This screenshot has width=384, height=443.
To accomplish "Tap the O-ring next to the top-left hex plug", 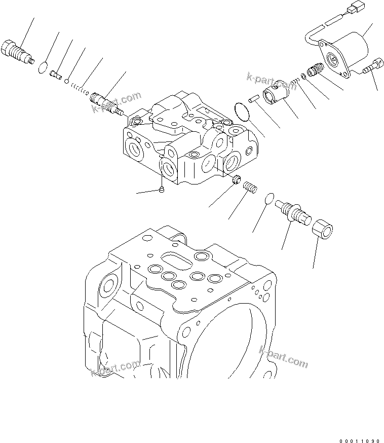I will pyautogui.click(x=44, y=66).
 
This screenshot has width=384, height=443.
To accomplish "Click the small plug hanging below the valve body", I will pyautogui.click(x=162, y=190).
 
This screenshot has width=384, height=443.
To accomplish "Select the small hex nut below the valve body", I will pyautogui.click(x=236, y=179).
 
